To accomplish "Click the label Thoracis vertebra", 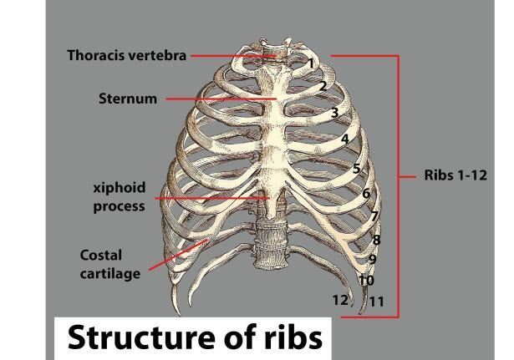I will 126,57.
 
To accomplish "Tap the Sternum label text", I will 128,99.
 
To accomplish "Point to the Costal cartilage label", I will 109,264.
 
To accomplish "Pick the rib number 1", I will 310,63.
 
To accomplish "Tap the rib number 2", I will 323,86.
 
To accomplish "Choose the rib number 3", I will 333,113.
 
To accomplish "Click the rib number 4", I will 344,139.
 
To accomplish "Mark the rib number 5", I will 356,169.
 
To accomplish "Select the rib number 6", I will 366,194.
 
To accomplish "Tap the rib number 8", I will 376,241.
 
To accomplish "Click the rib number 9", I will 373,260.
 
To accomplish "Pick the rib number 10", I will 366,281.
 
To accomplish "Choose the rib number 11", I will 377,302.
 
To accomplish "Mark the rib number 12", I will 340,300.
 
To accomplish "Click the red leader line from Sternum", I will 217,99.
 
